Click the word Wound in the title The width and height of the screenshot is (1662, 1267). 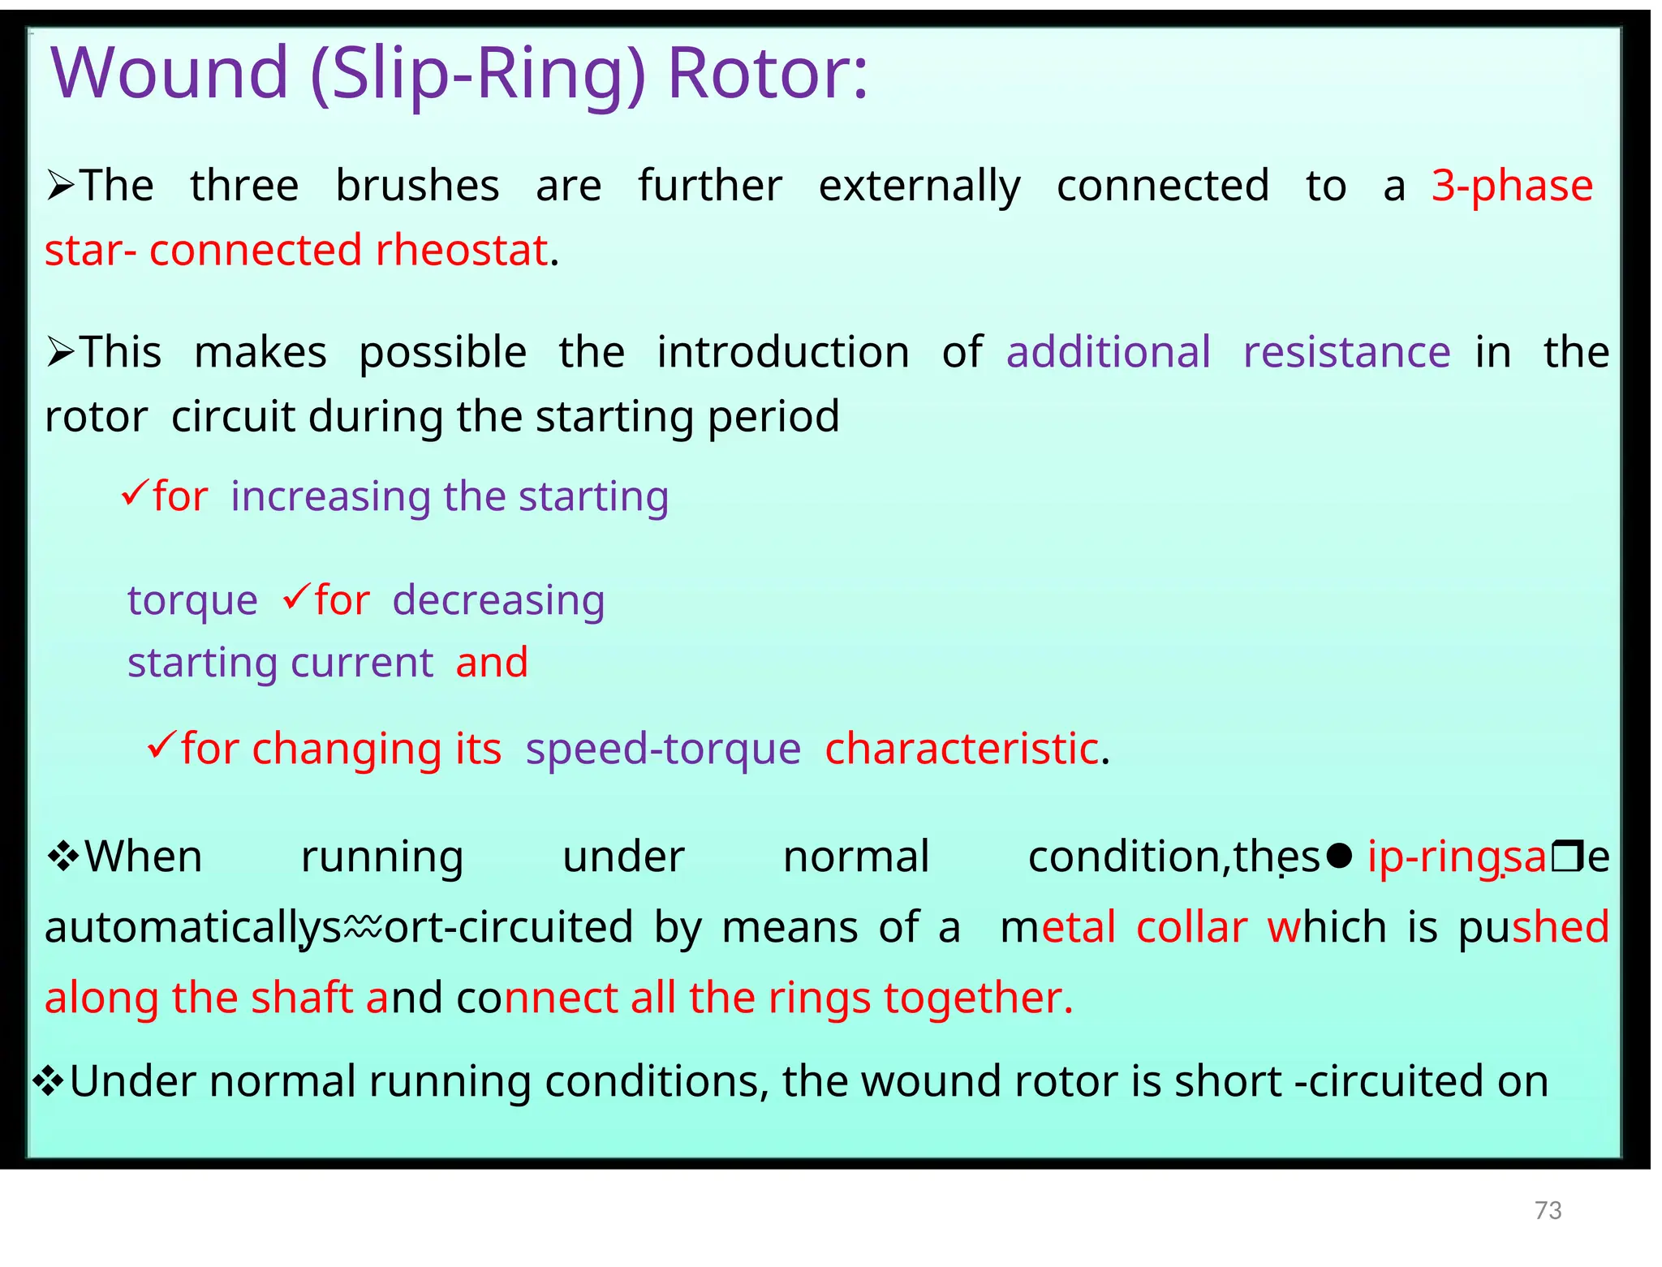tap(170, 73)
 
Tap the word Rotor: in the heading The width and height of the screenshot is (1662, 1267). tap(767, 73)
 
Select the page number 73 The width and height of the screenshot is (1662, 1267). tap(1548, 1210)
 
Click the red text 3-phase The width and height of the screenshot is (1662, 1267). tap(1512, 186)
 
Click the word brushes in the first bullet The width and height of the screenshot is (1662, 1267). tap(417, 186)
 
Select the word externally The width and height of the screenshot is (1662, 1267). tap(919, 186)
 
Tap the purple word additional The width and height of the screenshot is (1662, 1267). tap(1109, 352)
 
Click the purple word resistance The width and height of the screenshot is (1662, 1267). tap(1346, 352)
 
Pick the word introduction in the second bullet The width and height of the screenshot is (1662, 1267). tap(783, 352)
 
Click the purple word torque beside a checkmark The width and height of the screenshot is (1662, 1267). tap(192, 600)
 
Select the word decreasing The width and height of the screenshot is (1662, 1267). tap(498, 600)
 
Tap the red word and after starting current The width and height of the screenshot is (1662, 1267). tap(492, 663)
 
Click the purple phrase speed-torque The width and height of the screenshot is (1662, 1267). tap(663, 748)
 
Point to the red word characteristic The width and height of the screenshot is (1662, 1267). tap(962, 748)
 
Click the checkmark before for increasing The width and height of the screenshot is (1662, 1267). tap(134, 492)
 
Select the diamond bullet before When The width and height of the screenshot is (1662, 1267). tap(62, 856)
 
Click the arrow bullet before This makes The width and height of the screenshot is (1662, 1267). tap(61, 352)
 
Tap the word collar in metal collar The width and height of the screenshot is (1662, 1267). tap(1191, 927)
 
